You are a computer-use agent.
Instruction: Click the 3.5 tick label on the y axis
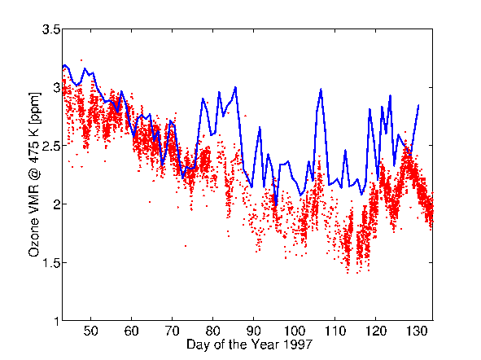(x=50, y=30)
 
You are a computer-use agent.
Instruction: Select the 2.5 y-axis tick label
(x=50, y=146)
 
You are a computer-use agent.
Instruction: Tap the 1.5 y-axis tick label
(x=50, y=263)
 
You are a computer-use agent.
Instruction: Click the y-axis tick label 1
(x=56, y=322)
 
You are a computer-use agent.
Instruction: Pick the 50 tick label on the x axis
(x=91, y=331)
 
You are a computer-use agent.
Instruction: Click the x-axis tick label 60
(x=131, y=331)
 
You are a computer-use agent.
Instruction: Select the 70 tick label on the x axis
(x=172, y=331)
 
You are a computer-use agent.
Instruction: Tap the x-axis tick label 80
(x=213, y=331)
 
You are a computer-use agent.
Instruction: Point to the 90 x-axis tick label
(x=254, y=331)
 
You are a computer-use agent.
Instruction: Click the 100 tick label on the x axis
(x=295, y=331)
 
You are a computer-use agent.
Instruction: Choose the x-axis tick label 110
(x=335, y=331)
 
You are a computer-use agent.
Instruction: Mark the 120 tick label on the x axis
(x=376, y=331)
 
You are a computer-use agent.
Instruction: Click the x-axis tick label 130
(x=417, y=331)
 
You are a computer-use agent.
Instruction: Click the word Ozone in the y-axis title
(x=34, y=237)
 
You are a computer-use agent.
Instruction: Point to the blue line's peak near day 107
(x=321, y=89)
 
